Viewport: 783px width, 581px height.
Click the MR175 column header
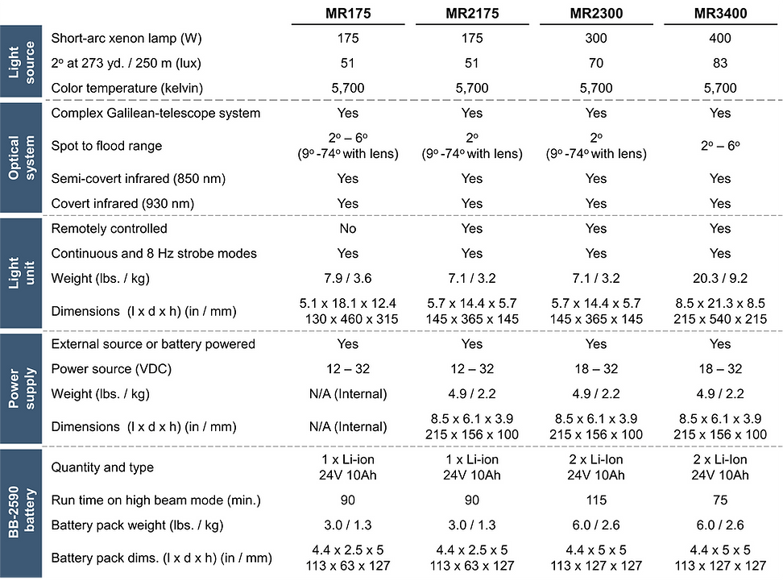pyautogui.click(x=348, y=14)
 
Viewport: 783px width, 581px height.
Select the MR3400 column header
pyautogui.click(x=720, y=14)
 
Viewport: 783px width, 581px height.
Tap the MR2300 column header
pyautogui.click(x=596, y=14)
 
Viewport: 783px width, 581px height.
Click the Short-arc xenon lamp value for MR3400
pyautogui.click(x=720, y=38)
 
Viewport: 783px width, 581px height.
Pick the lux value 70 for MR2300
pyautogui.click(x=596, y=63)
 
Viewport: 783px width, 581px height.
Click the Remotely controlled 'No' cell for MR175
pyautogui.click(x=348, y=229)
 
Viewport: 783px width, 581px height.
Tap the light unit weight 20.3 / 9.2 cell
pyautogui.click(x=720, y=279)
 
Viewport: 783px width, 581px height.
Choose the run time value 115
pyautogui.click(x=596, y=500)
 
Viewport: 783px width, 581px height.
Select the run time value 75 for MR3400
pyautogui.click(x=720, y=500)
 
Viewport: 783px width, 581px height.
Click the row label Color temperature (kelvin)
pyautogui.click(x=127, y=88)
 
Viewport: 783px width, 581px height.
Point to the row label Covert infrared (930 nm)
pyautogui.click(x=122, y=204)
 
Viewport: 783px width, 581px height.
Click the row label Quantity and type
pyautogui.click(x=102, y=467)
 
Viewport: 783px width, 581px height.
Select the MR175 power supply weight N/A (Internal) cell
pyautogui.click(x=348, y=394)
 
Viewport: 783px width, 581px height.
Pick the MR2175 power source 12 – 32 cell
pyautogui.click(x=472, y=369)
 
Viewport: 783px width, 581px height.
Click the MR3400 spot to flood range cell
pyautogui.click(x=720, y=146)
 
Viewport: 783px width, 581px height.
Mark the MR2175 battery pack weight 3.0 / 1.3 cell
pyautogui.click(x=472, y=525)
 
